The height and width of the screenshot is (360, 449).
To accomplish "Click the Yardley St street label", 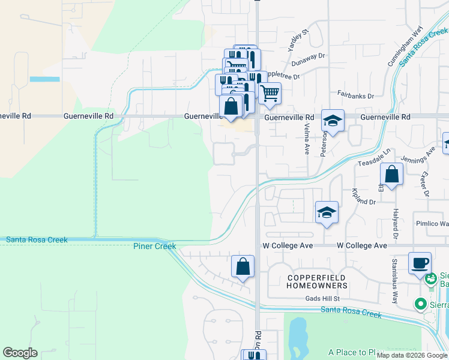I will (298, 38).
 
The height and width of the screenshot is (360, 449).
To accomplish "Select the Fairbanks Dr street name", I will (355, 95).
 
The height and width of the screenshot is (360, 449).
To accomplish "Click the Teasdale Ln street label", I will (375, 158).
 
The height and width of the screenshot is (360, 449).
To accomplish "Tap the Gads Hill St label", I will (322, 298).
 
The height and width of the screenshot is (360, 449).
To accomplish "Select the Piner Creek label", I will (155, 246).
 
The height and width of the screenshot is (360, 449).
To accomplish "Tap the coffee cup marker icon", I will (420, 262).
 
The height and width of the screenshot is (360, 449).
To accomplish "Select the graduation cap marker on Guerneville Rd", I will (333, 120).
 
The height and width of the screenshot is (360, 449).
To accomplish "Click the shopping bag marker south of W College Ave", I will (243, 266).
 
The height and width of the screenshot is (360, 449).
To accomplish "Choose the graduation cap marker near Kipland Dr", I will (327, 212).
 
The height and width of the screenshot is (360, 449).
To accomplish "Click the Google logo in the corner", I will (20, 353).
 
